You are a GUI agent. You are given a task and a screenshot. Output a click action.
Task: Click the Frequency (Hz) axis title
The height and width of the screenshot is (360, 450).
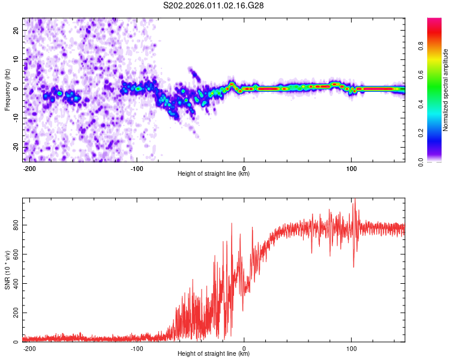pyautogui.click(x=7, y=90)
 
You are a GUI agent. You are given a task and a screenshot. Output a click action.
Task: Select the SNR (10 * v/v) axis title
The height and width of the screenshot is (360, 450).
pyautogui.click(x=7, y=270)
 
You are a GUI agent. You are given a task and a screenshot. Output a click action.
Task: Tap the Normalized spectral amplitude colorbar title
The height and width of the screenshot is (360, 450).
pyautogui.click(x=446, y=90)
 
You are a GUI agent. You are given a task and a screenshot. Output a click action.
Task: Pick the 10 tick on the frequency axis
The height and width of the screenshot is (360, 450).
pyautogui.click(x=16, y=60)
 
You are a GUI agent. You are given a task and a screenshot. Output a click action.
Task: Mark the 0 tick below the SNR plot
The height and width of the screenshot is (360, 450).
pyautogui.click(x=244, y=349)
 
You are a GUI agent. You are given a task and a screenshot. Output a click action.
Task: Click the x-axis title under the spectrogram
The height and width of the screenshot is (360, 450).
pyautogui.click(x=214, y=175)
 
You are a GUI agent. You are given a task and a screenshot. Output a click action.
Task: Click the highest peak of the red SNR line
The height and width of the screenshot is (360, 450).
pyautogui.click(x=355, y=199)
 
